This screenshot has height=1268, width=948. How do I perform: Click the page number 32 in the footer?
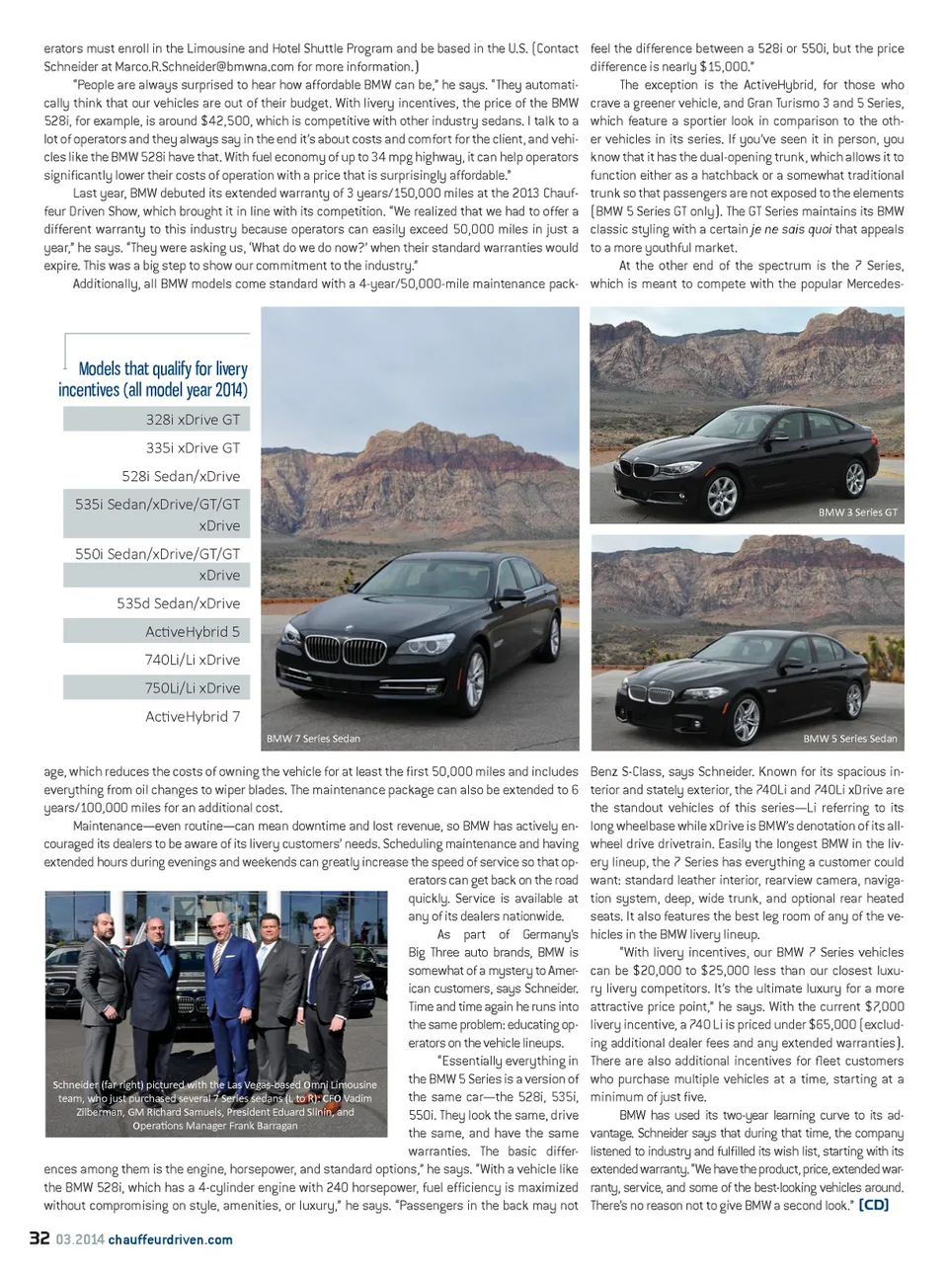coord(39,1238)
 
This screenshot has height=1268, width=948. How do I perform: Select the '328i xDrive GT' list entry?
coord(193,420)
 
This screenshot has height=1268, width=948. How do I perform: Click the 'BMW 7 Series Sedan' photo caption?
coord(313,739)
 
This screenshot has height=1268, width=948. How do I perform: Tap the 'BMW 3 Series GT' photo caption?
coord(857,513)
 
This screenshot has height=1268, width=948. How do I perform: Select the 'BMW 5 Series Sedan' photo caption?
coord(850,739)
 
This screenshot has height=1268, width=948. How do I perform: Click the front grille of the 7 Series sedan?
coord(337,649)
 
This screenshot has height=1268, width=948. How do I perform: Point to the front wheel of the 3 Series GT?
coord(723,494)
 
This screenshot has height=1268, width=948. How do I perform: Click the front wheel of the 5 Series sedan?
coord(746,719)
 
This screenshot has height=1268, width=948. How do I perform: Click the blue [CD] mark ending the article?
coord(873,1205)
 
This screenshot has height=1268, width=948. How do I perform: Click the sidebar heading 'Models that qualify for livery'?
coord(162,368)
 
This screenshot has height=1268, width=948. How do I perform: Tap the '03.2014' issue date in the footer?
coord(79,1239)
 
